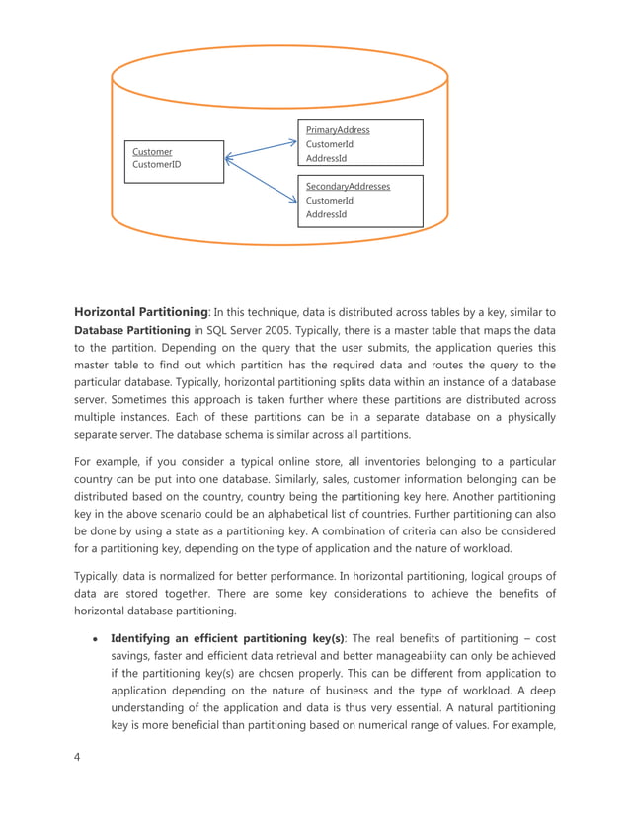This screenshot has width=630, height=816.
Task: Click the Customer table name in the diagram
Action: coord(152,152)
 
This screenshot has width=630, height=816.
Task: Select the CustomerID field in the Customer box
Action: coord(157,165)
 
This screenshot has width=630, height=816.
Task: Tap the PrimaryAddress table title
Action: coord(338,129)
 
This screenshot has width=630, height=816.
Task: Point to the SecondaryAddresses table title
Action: coord(348,186)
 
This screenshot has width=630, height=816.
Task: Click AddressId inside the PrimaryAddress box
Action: coord(326,158)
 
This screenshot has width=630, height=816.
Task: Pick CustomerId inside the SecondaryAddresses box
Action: coord(329,200)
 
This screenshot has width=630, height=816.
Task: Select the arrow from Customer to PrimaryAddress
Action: coord(262,149)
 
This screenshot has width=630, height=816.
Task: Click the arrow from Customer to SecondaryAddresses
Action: coord(262,179)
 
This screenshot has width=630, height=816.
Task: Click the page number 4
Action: coord(76,758)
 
